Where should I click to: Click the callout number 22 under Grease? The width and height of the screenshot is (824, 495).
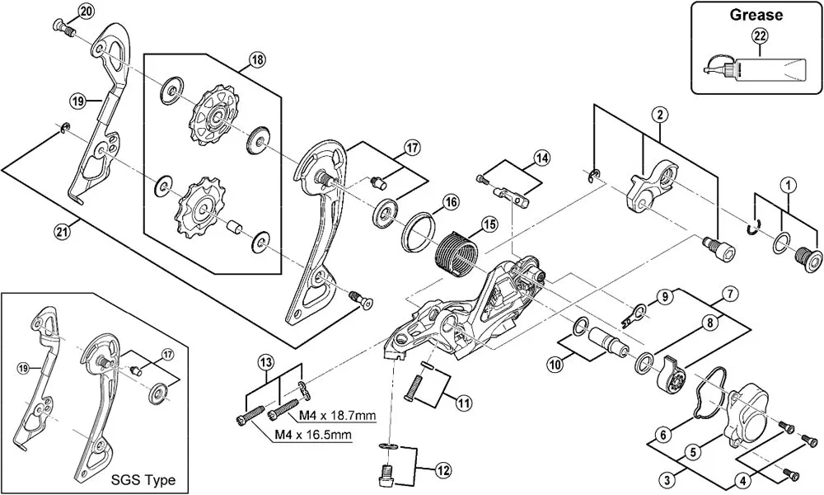758,35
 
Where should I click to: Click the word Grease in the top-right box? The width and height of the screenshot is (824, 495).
756,14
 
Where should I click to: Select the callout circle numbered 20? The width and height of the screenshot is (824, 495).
86,11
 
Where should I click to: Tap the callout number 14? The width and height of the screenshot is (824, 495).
541,158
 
